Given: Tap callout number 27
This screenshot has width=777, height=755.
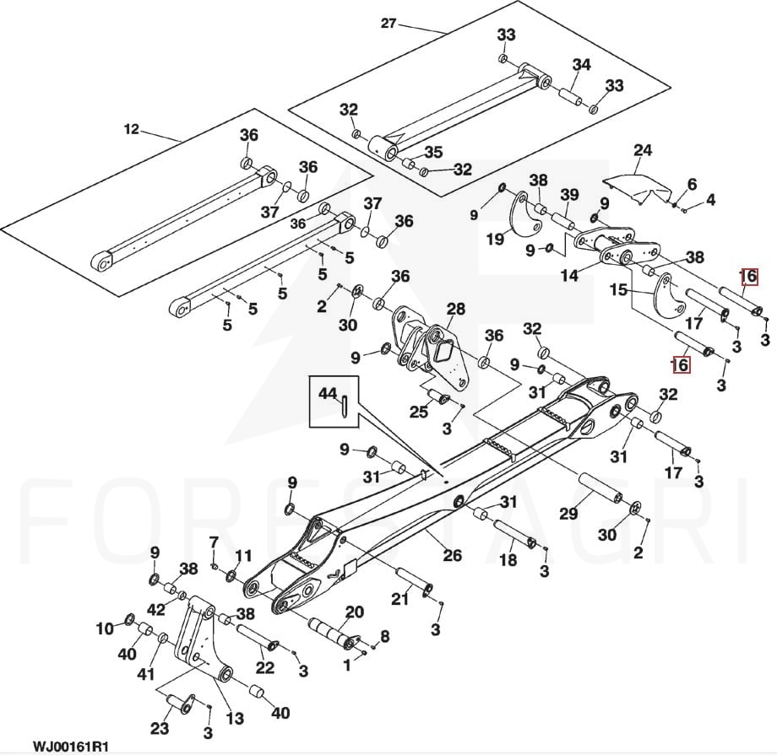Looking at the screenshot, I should point(388,23).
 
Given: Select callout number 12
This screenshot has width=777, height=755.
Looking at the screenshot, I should point(131,129).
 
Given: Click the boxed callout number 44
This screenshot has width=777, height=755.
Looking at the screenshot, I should point(328,393).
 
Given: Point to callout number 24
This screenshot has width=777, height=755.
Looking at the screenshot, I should point(643,150).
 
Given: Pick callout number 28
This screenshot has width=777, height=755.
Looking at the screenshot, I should point(455,310).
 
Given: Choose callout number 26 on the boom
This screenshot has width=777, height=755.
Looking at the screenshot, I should point(453,554).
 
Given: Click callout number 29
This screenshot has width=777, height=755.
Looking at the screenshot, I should point(568,513).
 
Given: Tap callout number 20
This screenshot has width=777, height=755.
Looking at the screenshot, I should point(355,612).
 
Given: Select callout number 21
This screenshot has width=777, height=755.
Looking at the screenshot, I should point(399,598).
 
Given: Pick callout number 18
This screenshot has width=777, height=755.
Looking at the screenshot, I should point(508,560).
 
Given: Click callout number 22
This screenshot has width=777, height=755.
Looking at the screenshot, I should point(264,667).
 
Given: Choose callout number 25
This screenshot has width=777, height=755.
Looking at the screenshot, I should point(419,412).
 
